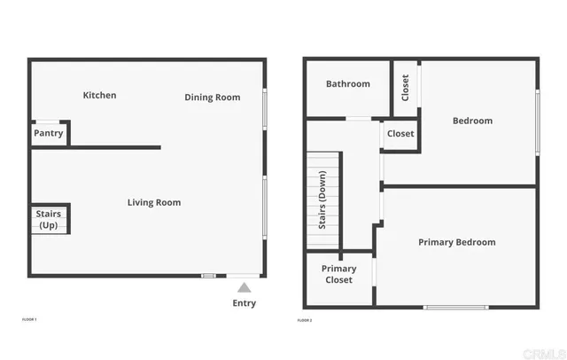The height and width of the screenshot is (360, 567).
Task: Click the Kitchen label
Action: [99, 96]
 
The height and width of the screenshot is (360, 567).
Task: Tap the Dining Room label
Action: [212, 98]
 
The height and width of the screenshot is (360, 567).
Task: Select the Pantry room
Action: [49, 133]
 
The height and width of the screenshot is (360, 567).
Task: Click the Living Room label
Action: [154, 203]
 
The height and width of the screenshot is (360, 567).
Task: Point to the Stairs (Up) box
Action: [49, 219]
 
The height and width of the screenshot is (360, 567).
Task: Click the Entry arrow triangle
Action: [245, 287]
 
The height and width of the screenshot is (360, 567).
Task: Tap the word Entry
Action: [245, 303]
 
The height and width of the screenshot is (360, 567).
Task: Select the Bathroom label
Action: [347, 84]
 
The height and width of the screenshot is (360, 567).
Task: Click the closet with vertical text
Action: [406, 87]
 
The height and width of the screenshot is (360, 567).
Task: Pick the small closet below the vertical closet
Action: [400, 134]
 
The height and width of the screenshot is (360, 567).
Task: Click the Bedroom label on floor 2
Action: [472, 121]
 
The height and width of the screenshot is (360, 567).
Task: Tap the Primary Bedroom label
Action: [456, 242]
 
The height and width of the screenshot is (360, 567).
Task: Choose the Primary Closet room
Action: [338, 274]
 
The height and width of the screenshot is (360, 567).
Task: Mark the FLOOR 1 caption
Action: [29, 318]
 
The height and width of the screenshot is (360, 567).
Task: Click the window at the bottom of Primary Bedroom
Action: [455, 307]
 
